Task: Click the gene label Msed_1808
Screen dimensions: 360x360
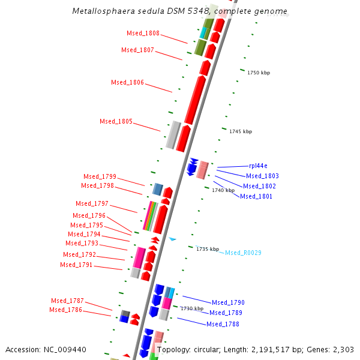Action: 143,34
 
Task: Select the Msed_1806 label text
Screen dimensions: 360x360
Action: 127,83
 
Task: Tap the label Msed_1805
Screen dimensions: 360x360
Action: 116,122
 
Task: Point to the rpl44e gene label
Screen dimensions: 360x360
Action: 258,166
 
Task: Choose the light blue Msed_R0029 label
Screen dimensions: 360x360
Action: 243,253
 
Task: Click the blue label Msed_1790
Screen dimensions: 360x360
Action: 228,302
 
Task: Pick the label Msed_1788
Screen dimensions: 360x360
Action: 223,324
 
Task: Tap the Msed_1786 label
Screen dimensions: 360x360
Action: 66,310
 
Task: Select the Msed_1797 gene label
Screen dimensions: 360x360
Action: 92,204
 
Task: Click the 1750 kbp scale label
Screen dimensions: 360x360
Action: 259,73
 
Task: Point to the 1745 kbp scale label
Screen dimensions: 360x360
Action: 241,131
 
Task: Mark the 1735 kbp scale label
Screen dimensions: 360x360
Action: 208,249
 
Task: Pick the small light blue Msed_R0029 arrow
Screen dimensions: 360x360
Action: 172,239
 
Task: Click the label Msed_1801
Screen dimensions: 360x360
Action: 256,197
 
